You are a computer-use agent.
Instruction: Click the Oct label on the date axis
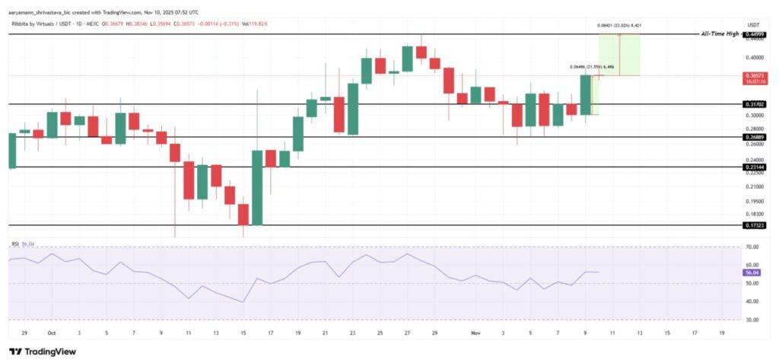coord(51,333)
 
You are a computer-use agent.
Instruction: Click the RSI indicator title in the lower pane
coord(14,244)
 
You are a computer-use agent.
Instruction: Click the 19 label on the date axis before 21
coord(297,333)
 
